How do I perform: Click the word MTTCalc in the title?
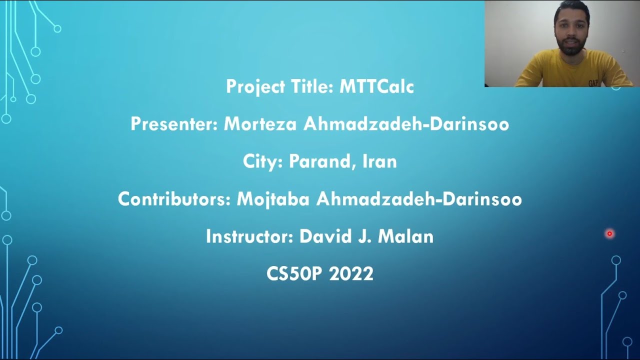[376, 87]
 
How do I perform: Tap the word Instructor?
[249, 236]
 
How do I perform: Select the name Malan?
[405, 236]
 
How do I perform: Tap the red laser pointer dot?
[609, 233]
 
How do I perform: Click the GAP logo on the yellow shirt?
[593, 83]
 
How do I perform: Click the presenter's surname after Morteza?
[406, 124]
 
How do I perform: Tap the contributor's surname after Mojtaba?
[419, 199]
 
